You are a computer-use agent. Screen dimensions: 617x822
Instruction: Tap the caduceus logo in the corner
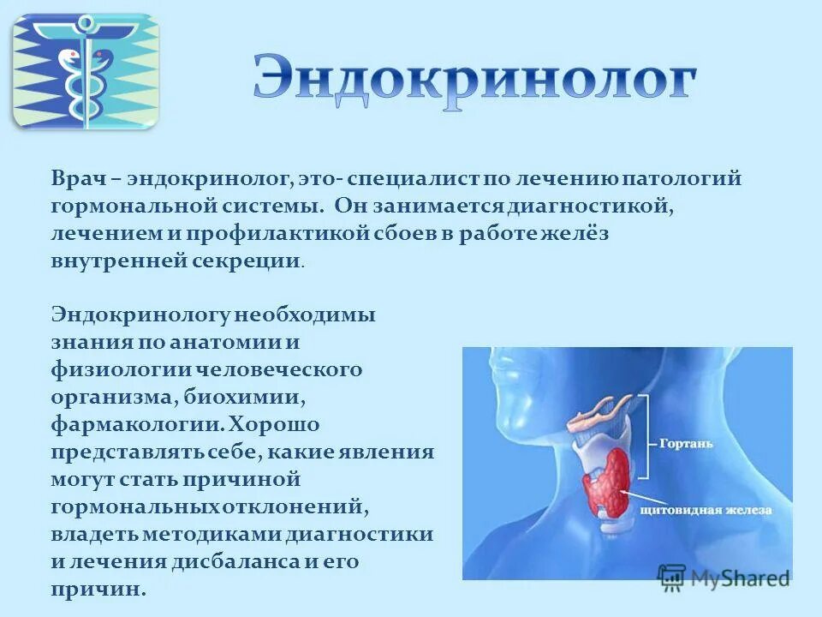coord(85,71)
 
